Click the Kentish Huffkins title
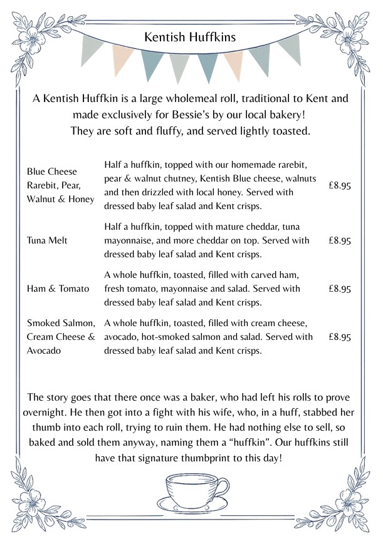coord(190,38)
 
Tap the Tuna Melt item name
coord(47,240)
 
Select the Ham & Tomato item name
coord(58,289)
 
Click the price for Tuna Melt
coord(339,240)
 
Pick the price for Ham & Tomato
coord(339,289)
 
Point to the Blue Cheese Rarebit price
coord(339,185)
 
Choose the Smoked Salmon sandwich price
coord(339,337)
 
